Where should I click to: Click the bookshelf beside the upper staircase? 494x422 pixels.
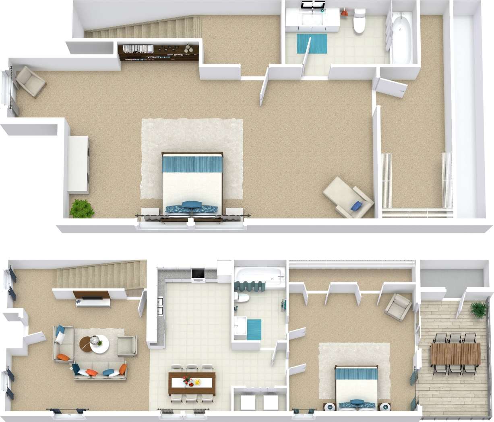click(x=159, y=52)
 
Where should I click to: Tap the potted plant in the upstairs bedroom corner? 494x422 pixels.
click(x=82, y=208)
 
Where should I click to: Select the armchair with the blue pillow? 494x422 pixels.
click(x=348, y=197)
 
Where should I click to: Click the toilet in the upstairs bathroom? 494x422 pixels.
click(x=359, y=22)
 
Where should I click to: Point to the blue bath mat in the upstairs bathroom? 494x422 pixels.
click(x=312, y=43)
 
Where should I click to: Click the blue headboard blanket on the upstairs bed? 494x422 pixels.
click(x=192, y=164)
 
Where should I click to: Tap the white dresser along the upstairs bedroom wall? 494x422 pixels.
click(x=78, y=164)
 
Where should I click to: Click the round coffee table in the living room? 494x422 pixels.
click(x=95, y=344)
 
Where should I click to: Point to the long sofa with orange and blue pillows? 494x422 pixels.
click(x=100, y=371)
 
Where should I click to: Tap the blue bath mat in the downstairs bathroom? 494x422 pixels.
click(x=254, y=329)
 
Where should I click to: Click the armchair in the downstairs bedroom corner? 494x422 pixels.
click(x=398, y=307)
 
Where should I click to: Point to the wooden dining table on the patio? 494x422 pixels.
click(x=455, y=354)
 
